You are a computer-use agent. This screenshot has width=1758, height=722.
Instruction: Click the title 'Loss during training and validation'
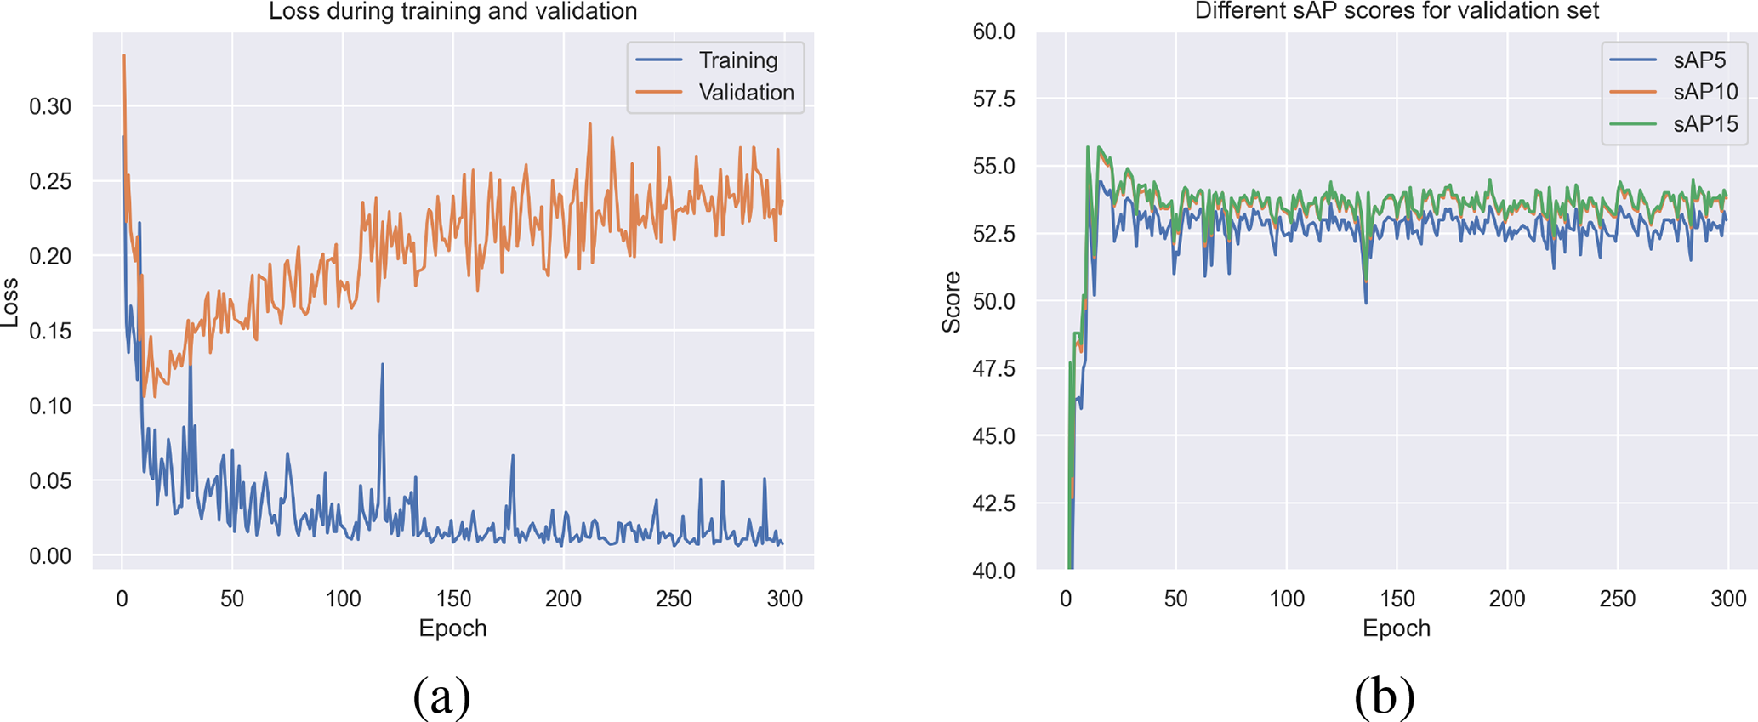coord(452,12)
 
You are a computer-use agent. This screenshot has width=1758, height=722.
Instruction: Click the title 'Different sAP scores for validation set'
coord(1397,12)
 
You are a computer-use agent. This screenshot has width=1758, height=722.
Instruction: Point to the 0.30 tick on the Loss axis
coord(50,106)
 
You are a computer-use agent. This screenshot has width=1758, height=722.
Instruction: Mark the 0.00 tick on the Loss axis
coord(50,555)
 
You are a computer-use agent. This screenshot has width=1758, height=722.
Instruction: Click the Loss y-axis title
coord(10,302)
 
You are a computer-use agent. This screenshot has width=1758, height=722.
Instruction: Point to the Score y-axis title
coord(952,302)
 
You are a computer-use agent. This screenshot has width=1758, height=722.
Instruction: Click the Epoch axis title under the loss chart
coord(452,628)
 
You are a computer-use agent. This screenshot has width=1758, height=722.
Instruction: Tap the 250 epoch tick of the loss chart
coord(674,599)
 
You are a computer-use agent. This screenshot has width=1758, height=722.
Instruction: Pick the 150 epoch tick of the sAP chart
coord(1397,599)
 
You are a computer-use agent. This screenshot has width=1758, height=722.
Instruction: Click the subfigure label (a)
coord(441,696)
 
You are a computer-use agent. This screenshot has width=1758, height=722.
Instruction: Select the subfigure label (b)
coord(1385,696)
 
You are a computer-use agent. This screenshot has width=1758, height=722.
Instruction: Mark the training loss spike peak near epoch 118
coord(383,364)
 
